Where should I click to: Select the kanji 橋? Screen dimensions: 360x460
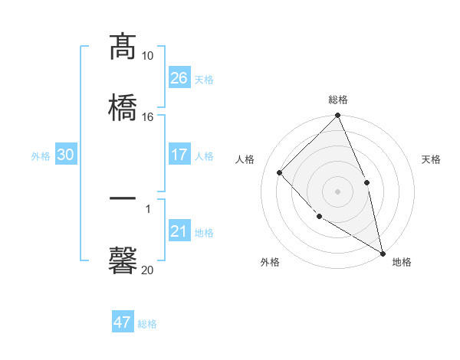click(x=123, y=106)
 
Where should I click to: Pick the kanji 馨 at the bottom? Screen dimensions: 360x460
click(x=123, y=260)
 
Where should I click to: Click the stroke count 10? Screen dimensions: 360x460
click(x=148, y=56)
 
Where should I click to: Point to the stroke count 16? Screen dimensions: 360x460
click(x=148, y=116)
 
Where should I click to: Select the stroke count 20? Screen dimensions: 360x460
click(x=148, y=270)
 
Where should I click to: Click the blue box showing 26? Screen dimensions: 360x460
click(x=179, y=78)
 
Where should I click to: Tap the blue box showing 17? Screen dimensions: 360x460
click(x=179, y=155)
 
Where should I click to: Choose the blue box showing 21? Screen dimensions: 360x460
click(x=179, y=231)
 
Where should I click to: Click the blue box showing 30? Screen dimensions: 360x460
click(x=66, y=155)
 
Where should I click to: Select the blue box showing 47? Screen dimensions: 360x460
click(x=123, y=322)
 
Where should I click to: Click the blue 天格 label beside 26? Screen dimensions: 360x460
click(x=204, y=80)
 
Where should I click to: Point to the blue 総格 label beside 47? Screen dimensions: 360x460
click(x=147, y=324)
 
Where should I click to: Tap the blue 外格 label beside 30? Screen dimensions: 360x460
click(x=41, y=156)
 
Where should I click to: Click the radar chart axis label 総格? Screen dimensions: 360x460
click(x=337, y=100)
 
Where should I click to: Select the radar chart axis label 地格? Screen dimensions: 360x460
click(x=402, y=262)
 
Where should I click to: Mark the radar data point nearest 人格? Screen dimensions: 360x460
click(x=280, y=172)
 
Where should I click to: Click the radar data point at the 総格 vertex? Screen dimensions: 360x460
click(x=337, y=116)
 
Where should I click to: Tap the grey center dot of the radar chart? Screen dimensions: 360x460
click(x=337, y=191)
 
